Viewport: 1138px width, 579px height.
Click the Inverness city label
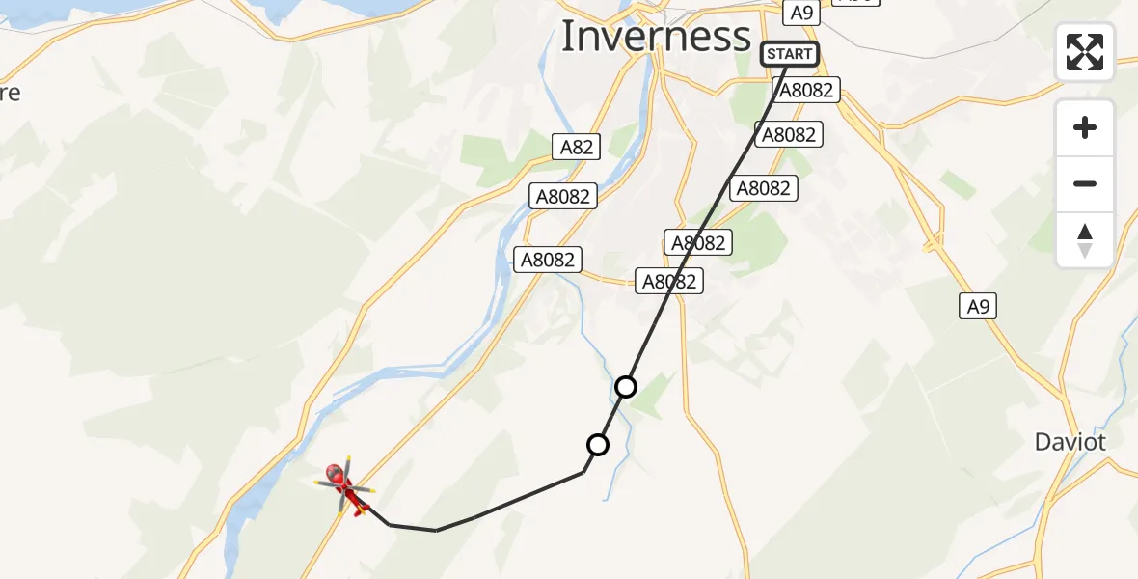(655, 37)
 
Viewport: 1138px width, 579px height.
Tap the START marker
(790, 54)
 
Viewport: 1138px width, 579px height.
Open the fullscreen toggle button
(1085, 52)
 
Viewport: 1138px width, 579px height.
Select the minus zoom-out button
(1085, 184)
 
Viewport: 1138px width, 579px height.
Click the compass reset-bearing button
(1085, 240)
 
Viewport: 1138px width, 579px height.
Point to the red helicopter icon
(345, 486)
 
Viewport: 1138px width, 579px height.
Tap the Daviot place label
(1070, 442)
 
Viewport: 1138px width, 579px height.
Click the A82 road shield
(578, 147)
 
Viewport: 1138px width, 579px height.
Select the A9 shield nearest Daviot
(978, 307)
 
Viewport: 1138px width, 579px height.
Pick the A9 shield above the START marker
(802, 13)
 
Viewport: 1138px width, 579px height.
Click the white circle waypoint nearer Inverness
(626, 387)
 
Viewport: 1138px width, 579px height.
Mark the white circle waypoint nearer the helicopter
(598, 445)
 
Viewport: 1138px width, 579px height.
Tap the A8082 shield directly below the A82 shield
(564, 196)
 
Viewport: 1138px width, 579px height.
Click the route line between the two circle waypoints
(612, 416)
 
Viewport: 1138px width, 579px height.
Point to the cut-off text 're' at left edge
(10, 94)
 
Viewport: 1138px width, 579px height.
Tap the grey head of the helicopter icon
(335, 473)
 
